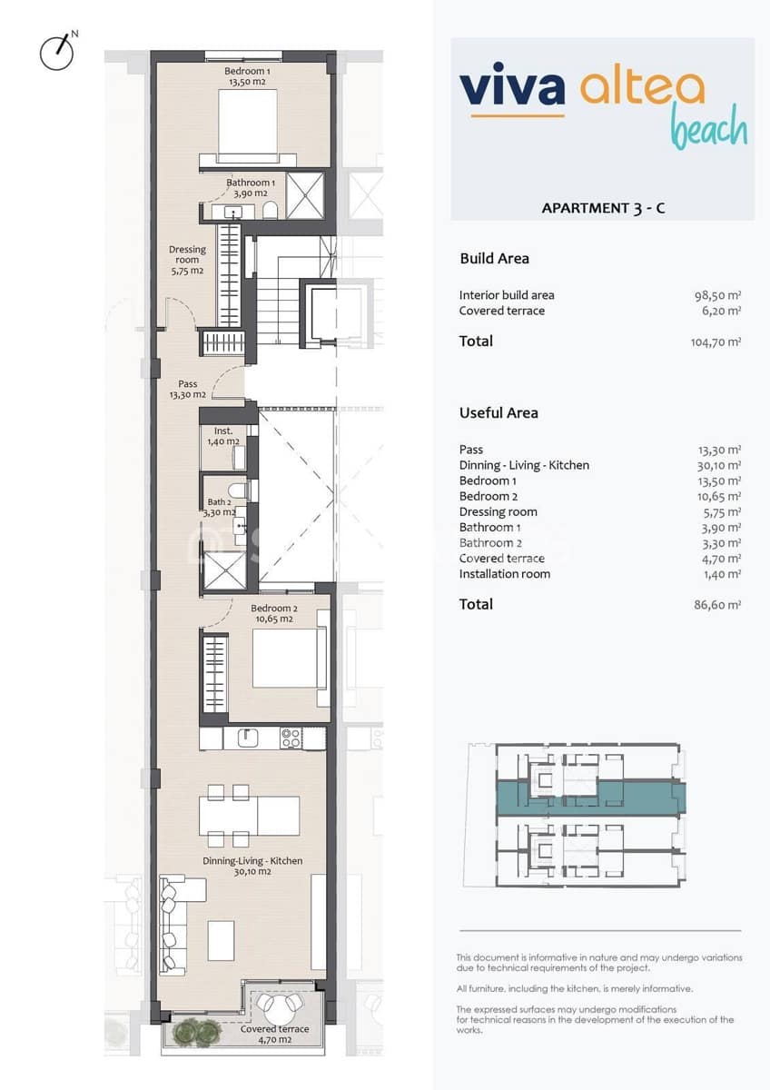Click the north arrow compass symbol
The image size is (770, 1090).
(x=56, y=52)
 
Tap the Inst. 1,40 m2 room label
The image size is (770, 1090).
(x=223, y=436)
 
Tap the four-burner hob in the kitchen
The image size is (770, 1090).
(x=291, y=738)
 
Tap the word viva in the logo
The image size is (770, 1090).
(x=512, y=89)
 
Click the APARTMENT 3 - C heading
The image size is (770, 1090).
(x=603, y=208)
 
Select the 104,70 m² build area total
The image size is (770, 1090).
(x=716, y=342)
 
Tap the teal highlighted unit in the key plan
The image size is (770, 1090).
(x=590, y=797)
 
